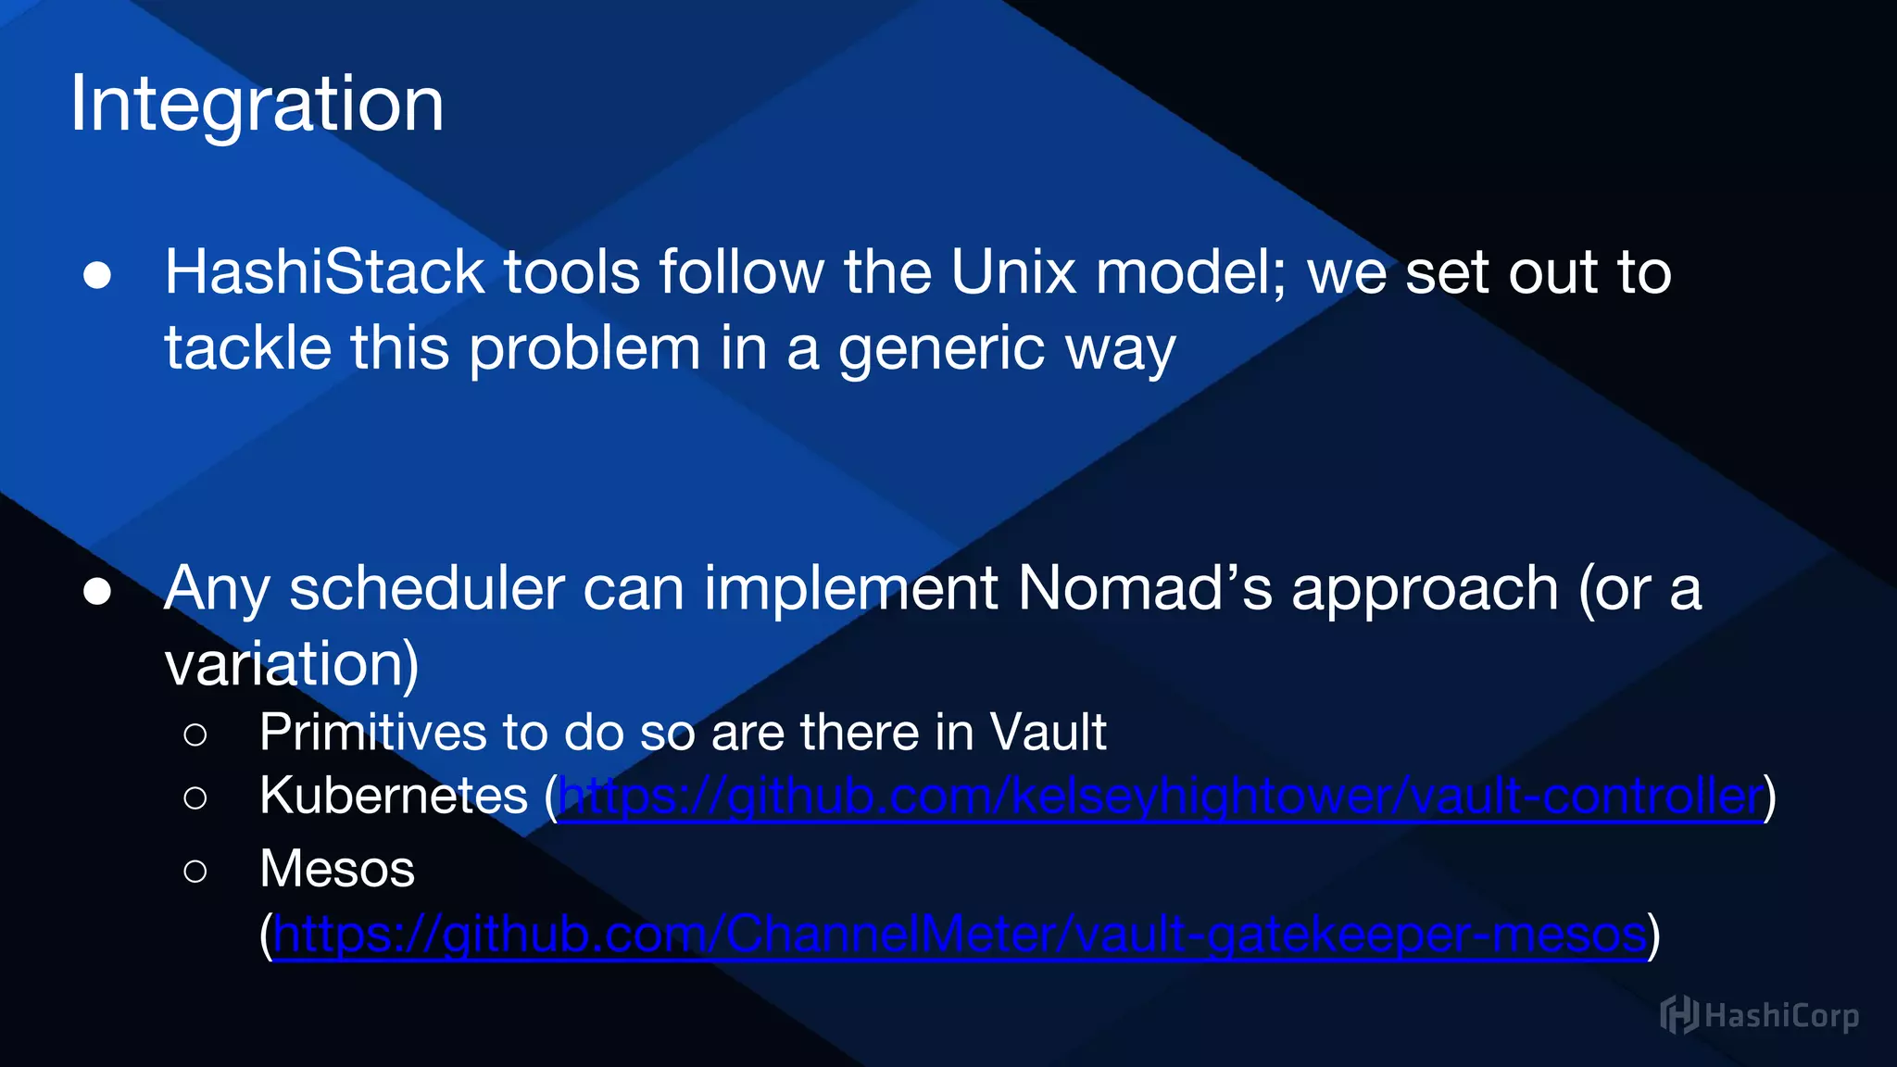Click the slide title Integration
pos(257,104)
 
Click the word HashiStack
pos(324,272)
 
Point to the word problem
pos(584,349)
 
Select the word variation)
pos(292,664)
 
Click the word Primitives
pos(372,733)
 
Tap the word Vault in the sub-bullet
pos(1048,733)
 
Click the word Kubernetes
pos(394,796)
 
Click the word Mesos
pos(337,869)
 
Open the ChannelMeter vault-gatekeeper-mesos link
pos(960,935)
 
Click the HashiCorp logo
pos(1758,1016)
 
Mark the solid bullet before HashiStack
pos(97,275)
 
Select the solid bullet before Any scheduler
pos(97,591)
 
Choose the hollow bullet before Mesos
pos(195,872)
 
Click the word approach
pos(1425,590)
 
